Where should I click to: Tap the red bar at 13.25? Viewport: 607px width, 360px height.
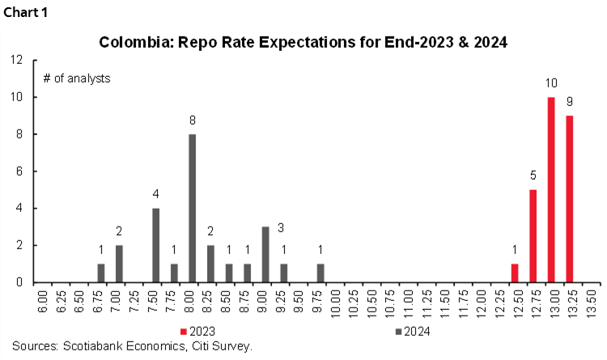click(570, 199)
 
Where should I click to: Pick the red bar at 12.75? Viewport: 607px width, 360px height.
click(533, 236)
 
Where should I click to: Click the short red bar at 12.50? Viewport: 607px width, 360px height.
click(515, 273)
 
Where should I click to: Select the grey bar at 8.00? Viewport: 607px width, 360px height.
click(192, 209)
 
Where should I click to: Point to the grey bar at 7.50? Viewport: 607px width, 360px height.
click(155, 245)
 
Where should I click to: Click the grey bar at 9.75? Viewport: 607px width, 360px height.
click(320, 273)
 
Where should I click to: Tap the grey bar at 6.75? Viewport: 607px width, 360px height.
click(100, 273)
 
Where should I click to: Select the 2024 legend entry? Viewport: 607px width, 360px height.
click(411, 331)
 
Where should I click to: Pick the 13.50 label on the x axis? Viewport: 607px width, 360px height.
click(596, 304)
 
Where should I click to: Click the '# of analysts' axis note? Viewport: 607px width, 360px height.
click(76, 78)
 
